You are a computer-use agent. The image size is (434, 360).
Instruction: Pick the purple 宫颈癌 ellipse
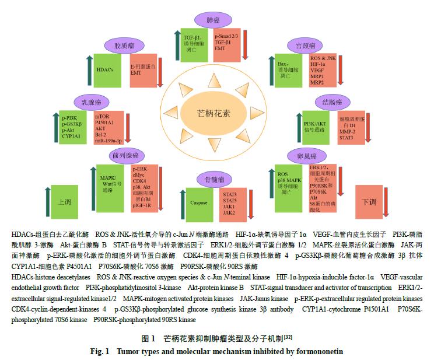coord(305,45)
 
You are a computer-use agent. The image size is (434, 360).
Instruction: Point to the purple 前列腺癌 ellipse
coord(127,155)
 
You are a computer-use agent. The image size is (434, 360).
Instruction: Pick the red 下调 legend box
coord(370,201)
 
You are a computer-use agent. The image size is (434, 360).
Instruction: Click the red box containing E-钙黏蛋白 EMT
coord(142,70)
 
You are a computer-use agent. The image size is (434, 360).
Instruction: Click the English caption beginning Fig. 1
coord(216,352)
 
